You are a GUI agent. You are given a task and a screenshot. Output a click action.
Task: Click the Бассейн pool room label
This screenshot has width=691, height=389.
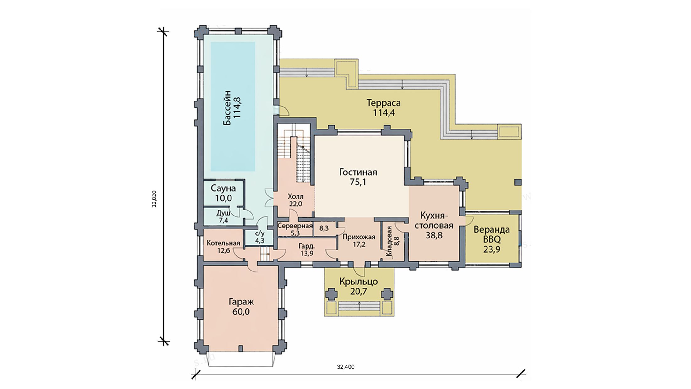[227, 108]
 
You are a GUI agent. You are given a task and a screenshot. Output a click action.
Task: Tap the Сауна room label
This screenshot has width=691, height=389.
[223, 188]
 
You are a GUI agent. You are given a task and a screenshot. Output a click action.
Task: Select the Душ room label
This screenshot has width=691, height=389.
[223, 213]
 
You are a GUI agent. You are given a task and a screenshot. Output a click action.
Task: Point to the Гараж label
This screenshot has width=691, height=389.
[241, 302]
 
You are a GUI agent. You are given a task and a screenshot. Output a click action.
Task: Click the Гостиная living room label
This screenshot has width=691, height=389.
[358, 172]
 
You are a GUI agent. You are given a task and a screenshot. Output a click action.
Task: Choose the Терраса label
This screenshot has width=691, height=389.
[384, 103]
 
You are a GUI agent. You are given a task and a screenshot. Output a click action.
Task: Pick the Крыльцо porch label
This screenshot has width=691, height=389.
[358, 282]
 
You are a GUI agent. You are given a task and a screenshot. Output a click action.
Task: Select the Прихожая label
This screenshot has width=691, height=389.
[359, 237]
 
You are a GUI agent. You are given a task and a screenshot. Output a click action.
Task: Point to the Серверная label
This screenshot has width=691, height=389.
[295, 226]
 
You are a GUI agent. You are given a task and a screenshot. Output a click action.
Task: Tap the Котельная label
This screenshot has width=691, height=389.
[223, 243]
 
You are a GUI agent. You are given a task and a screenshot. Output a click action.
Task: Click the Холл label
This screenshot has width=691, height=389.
[296, 197]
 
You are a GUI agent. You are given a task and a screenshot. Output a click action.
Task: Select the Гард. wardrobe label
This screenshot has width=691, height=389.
[307, 246]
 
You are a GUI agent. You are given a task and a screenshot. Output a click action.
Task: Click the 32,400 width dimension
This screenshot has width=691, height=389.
[345, 367]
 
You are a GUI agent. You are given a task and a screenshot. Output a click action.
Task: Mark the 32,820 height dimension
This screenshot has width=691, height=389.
[154, 199]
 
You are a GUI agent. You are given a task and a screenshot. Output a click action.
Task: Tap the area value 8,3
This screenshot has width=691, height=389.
[324, 228]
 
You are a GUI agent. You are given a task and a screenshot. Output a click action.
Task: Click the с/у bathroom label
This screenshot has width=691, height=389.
[259, 234]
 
